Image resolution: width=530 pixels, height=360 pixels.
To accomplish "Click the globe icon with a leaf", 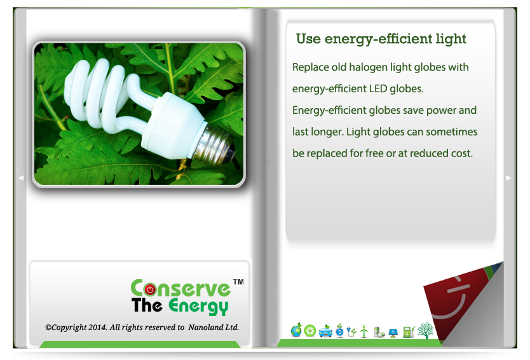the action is pyautogui.click(x=296, y=330).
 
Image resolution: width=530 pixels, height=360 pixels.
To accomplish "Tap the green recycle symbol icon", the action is pyautogui.click(x=309, y=331).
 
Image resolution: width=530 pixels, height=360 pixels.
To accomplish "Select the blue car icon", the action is pyautogui.click(x=325, y=331).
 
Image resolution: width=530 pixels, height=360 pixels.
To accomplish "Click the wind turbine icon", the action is pyautogui.click(x=364, y=331).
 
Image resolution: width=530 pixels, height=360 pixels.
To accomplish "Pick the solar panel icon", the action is pyautogui.click(x=393, y=333).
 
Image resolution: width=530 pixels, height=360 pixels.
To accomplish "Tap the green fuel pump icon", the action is pyautogui.click(x=409, y=331).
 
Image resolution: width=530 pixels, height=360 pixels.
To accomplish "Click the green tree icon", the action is pyautogui.click(x=425, y=330).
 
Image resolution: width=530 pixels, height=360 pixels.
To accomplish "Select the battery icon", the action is pyautogui.click(x=379, y=332).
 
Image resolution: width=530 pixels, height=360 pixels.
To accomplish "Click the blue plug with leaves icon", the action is pyautogui.click(x=351, y=331).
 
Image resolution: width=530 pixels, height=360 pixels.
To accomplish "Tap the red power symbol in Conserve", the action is pyautogui.click(x=150, y=289).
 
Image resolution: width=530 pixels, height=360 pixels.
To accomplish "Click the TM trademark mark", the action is pyautogui.click(x=238, y=282).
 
